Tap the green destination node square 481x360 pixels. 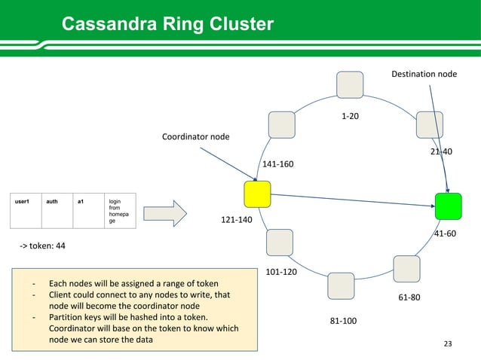pyautogui.click(x=448, y=206)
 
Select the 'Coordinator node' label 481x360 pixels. pyautogui.click(x=196, y=136)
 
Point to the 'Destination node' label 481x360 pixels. pyautogui.click(x=424, y=75)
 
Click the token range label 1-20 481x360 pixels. pyautogui.click(x=350, y=117)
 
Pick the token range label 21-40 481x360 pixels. pyautogui.click(x=441, y=151)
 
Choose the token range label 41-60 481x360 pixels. pyautogui.click(x=445, y=233)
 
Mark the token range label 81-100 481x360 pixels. pyautogui.click(x=344, y=322)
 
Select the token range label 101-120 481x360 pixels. pyautogui.click(x=280, y=271)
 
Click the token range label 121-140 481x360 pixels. pyautogui.click(x=236, y=219)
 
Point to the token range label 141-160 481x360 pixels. pyautogui.click(x=277, y=163)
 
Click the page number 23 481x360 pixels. pyautogui.click(x=449, y=344)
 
